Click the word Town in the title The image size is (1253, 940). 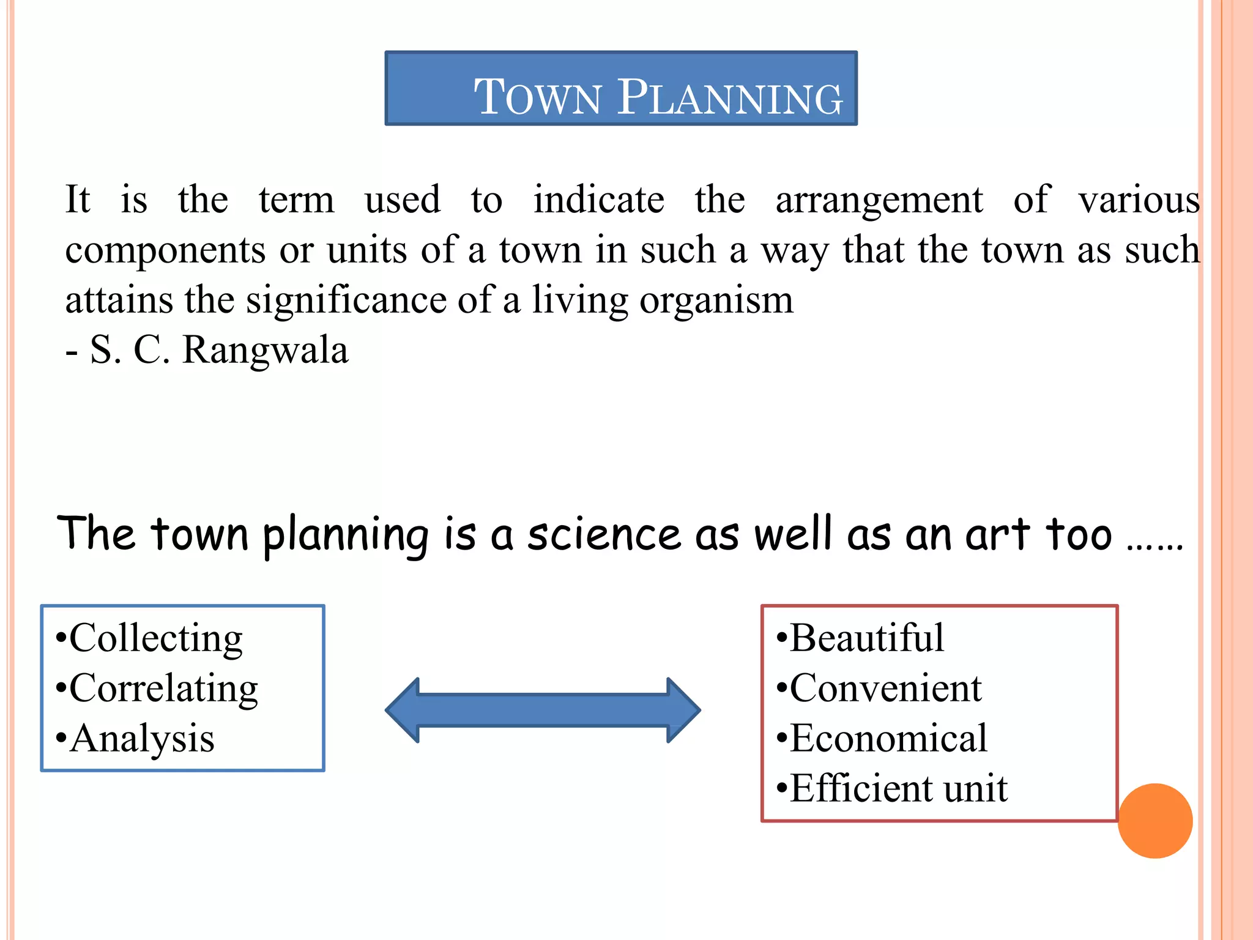click(538, 97)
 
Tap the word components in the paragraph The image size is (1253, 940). click(165, 251)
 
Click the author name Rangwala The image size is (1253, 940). click(265, 351)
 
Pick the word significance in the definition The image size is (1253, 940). click(346, 301)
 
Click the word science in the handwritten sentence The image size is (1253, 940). click(604, 534)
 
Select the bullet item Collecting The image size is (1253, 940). click(155, 638)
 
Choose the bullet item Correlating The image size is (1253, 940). click(163, 688)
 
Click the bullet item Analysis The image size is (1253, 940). click(142, 738)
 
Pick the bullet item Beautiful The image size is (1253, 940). click(866, 638)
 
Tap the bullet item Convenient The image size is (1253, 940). click(885, 688)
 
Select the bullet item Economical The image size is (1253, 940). click(888, 738)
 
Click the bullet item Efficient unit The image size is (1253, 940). click(898, 788)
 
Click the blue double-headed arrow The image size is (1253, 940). click(543, 710)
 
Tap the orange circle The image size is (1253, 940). click(1154, 821)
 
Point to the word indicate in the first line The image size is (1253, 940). click(598, 200)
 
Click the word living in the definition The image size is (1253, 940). click(579, 301)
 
